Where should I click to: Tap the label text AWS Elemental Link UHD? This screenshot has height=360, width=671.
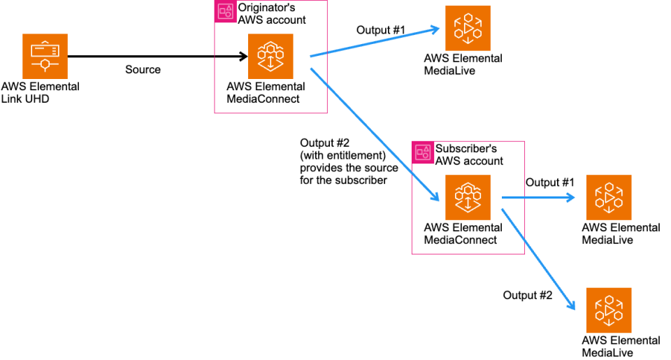coord(40,92)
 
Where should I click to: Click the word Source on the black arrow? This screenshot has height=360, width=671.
coord(143,69)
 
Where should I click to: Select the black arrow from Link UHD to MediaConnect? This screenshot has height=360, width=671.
coord(154,57)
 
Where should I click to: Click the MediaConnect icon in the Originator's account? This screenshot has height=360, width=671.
coord(270,57)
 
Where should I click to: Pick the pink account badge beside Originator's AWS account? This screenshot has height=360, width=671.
coord(225,10)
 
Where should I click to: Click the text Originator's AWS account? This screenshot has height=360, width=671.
coord(272,14)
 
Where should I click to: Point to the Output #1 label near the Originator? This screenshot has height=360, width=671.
coord(381,30)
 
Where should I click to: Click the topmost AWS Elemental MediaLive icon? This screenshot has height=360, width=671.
coord(468,28)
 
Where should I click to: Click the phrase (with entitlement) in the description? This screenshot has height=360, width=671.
coord(342,155)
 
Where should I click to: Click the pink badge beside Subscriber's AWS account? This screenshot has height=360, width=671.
coord(422,152)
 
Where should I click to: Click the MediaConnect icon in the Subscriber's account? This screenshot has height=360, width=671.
coord(468,197)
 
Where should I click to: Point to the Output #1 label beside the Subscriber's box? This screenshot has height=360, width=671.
coord(549,182)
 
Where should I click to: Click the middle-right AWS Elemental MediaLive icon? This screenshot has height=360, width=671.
coord(609,197)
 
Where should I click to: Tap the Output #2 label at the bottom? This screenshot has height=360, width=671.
coord(528,295)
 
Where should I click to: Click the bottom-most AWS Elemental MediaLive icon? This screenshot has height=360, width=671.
coord(609,310)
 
